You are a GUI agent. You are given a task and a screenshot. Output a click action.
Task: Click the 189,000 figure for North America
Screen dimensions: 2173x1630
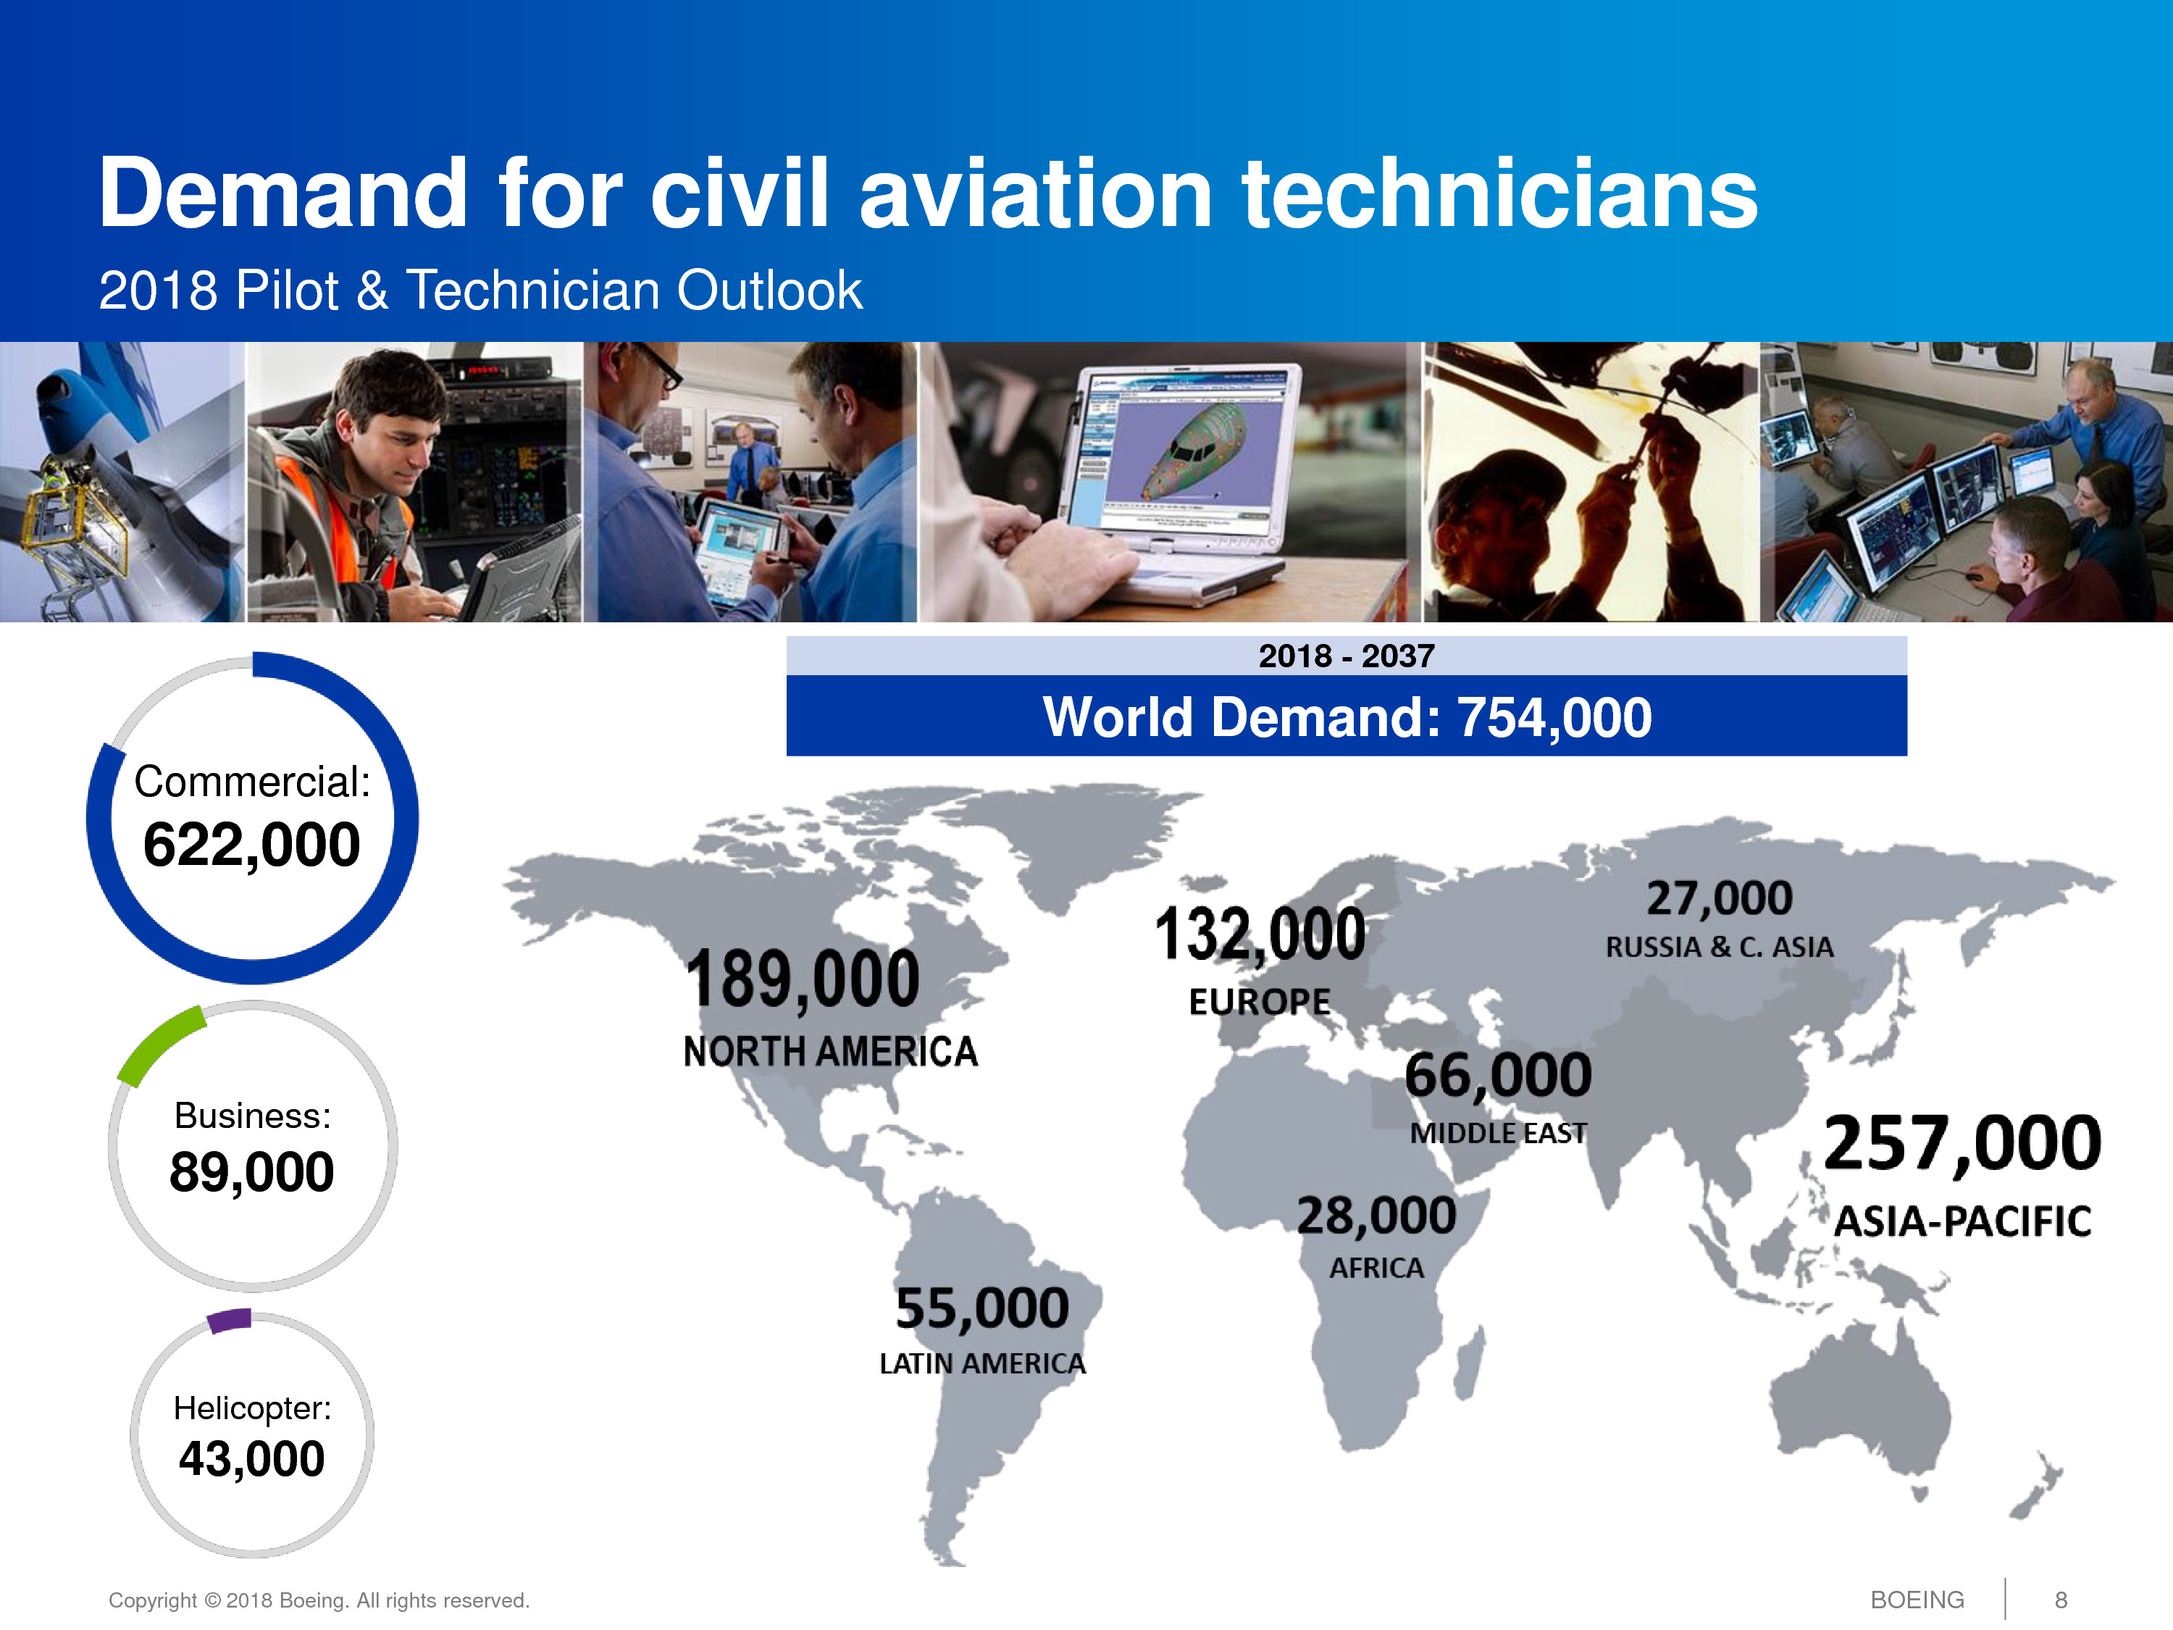802,979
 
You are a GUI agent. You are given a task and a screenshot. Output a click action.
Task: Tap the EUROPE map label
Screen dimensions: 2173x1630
1260,1002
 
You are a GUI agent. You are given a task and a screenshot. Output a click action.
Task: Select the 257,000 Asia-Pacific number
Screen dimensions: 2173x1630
1961,1144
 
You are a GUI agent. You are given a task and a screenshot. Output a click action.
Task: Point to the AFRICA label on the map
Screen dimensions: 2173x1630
1376,1269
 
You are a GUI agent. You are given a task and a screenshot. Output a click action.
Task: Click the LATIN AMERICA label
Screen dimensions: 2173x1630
982,1363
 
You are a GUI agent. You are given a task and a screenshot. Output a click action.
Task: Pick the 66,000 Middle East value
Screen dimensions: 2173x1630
1498,1075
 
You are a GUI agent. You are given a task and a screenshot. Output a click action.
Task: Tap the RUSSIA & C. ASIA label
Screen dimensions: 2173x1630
1719,947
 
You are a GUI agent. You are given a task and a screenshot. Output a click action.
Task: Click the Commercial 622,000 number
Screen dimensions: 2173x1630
251,845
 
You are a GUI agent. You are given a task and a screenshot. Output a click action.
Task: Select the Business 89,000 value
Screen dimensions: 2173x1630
251,1172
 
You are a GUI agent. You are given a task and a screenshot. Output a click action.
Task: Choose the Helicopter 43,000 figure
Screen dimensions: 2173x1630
251,1458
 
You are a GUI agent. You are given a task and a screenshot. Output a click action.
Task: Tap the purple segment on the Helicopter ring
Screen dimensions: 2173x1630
230,1321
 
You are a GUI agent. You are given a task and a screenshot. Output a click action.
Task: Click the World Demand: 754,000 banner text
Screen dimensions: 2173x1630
1347,716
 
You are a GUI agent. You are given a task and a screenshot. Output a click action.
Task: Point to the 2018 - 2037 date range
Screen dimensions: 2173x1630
1347,656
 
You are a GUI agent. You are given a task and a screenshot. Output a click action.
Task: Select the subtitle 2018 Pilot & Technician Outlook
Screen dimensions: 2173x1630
480,290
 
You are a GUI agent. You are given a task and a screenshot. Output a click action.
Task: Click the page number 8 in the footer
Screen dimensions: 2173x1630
2061,1600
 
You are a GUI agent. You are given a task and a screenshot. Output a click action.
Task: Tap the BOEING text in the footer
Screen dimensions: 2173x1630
1917,1600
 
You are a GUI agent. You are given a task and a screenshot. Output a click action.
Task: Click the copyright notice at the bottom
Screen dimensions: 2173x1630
318,1600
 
